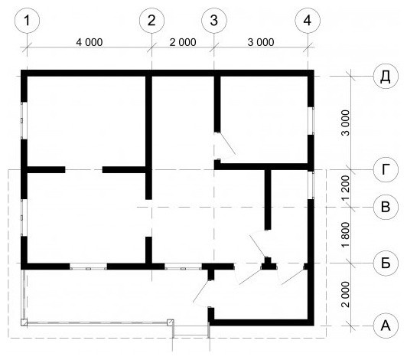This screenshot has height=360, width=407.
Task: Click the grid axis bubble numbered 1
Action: click(28, 21)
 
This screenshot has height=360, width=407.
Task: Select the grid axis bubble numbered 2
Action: click(151, 21)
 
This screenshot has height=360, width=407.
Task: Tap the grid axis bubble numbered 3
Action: click(214, 21)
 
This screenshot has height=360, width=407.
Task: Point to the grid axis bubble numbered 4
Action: click(308, 21)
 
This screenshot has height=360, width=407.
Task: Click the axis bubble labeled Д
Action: click(386, 76)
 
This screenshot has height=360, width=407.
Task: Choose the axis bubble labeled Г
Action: click(386, 170)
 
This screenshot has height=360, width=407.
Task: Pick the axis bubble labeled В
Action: click(386, 207)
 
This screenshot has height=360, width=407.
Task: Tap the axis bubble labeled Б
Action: click(386, 263)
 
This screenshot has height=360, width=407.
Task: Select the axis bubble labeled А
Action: click(386, 326)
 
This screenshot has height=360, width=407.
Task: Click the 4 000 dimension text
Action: click(90, 42)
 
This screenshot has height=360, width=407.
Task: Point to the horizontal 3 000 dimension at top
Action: click(261, 42)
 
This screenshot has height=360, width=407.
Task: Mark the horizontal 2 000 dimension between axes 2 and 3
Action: click(183, 42)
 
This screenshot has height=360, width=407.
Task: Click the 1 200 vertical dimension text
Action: click(346, 188)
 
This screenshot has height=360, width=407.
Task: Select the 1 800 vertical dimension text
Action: click(346, 235)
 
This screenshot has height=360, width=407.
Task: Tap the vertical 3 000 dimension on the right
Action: click(346, 123)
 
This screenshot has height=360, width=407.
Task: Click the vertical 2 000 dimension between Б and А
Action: click(346, 294)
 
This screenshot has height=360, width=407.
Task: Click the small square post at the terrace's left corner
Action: click(24, 322)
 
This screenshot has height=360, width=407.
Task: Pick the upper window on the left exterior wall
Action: click(24, 120)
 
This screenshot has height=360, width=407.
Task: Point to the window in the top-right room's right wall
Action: click(311, 121)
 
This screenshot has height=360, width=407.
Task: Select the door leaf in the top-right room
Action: click(227, 143)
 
